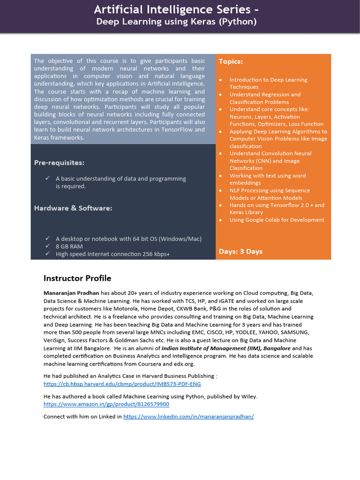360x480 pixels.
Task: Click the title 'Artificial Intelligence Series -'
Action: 176,9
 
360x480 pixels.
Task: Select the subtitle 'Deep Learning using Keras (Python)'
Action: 176,22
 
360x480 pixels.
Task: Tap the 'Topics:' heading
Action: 231,61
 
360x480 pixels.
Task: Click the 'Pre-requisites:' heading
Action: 59,163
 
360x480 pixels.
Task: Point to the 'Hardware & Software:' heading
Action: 73,208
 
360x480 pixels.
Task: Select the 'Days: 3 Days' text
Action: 240,252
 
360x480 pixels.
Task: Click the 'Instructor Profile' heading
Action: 77,278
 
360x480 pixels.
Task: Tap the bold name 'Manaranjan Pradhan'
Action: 71,293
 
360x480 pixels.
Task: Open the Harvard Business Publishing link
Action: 122,384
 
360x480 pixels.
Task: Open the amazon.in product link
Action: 106,404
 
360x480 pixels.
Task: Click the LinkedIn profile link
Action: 188,416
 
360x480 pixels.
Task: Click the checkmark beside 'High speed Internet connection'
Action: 47,254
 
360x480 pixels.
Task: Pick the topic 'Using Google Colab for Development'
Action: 277,220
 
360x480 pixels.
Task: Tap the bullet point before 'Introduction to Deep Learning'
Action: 220,80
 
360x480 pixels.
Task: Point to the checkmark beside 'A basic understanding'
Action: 47,178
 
